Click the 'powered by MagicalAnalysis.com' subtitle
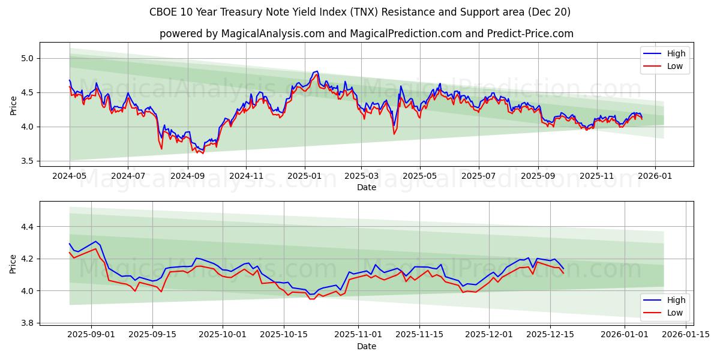pyautogui.click(x=366, y=34)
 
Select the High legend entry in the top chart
pyautogui.click(x=676, y=53)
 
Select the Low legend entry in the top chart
pyautogui.click(x=674, y=66)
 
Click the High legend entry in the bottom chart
pyautogui.click(x=676, y=300)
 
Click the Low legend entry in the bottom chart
pyautogui.click(x=674, y=313)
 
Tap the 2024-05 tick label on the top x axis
pyautogui.click(x=70, y=176)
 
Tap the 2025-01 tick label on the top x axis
pyautogui.click(x=304, y=176)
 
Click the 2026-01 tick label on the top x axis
pyautogui.click(x=655, y=176)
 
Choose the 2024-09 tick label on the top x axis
pyautogui.click(x=187, y=176)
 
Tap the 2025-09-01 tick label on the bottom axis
pyautogui.click(x=91, y=335)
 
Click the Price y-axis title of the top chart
pyautogui.click(x=14, y=105)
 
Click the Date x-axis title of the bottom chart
pyautogui.click(x=366, y=346)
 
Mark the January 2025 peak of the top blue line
pyautogui.click(x=317, y=71)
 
